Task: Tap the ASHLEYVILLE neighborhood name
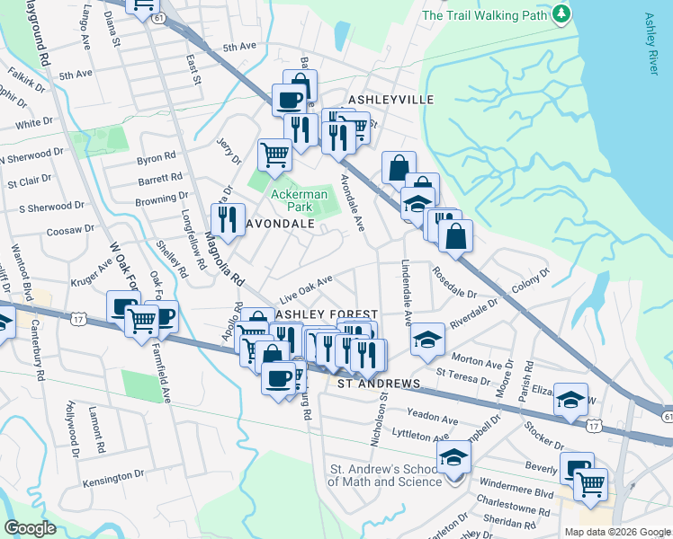390,100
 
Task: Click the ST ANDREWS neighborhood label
379,384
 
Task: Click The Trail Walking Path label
485,14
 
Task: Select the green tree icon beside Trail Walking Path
561,13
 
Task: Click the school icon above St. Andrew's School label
453,458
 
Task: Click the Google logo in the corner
30,528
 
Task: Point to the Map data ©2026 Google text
617,532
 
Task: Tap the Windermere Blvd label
523,494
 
